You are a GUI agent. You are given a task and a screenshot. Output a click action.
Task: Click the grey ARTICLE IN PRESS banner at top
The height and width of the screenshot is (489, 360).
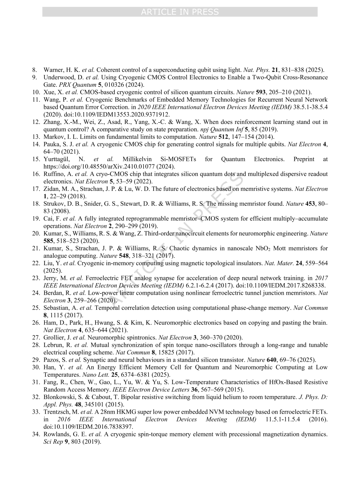click(180, 12)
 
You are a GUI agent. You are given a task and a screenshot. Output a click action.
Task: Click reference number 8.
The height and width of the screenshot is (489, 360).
click(34, 70)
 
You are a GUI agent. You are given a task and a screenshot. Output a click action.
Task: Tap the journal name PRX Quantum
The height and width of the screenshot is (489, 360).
click(78, 85)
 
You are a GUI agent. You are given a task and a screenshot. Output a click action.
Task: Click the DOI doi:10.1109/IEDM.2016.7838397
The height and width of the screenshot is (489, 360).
click(88, 427)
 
